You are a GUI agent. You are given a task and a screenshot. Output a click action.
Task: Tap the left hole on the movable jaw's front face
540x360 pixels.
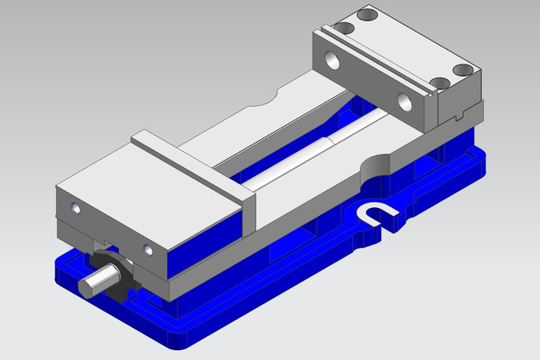click(x=74, y=208)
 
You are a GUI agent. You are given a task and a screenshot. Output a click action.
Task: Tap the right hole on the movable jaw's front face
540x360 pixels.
click(x=148, y=249)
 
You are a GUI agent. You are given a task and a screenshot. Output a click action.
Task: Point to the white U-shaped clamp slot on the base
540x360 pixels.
click(x=377, y=214)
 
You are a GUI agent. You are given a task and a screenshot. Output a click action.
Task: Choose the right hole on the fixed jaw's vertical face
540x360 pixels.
click(x=404, y=99)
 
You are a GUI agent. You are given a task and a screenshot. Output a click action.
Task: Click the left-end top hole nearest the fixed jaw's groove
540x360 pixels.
click(x=344, y=27)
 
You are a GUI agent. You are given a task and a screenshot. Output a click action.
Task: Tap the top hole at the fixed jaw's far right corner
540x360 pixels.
click(x=463, y=70)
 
